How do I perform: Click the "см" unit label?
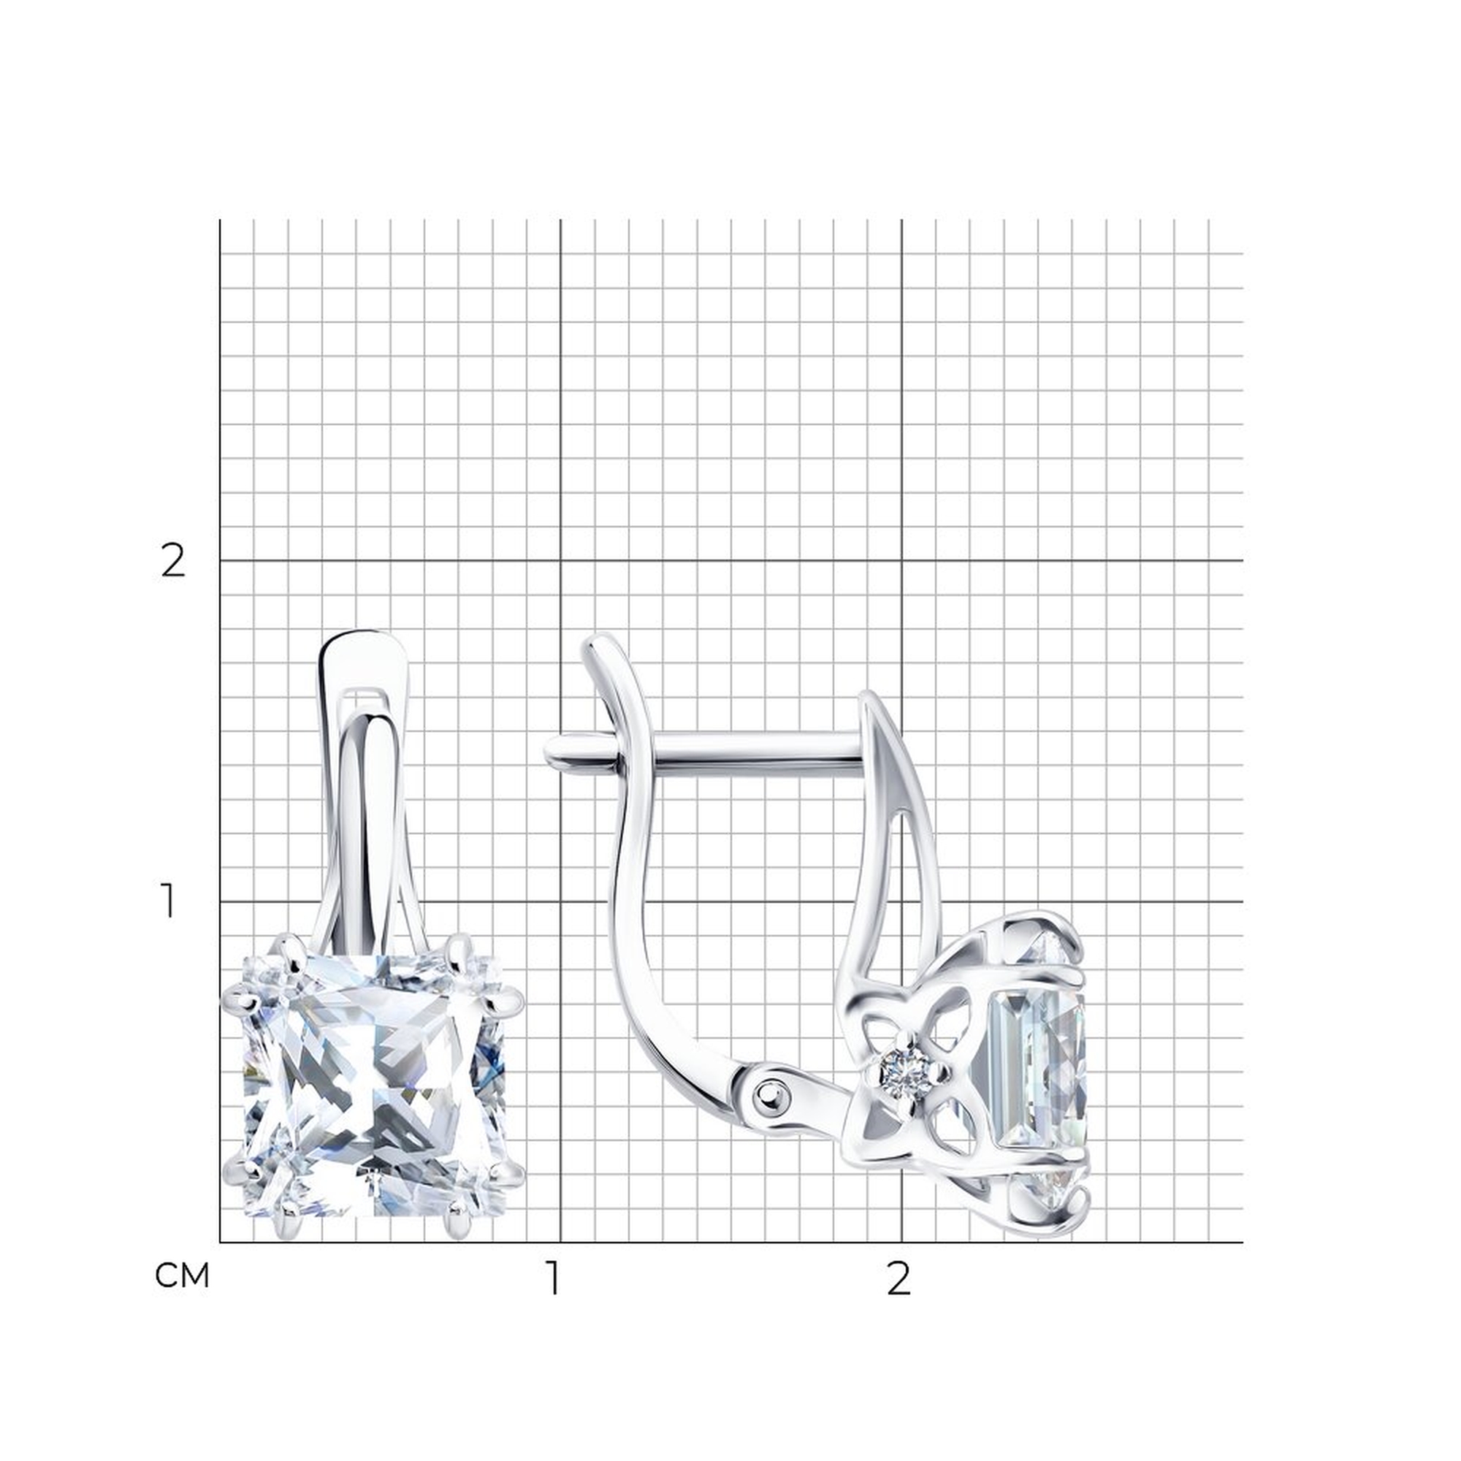(x=181, y=1275)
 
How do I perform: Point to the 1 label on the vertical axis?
(x=169, y=902)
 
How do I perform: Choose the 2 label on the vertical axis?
(x=173, y=561)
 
